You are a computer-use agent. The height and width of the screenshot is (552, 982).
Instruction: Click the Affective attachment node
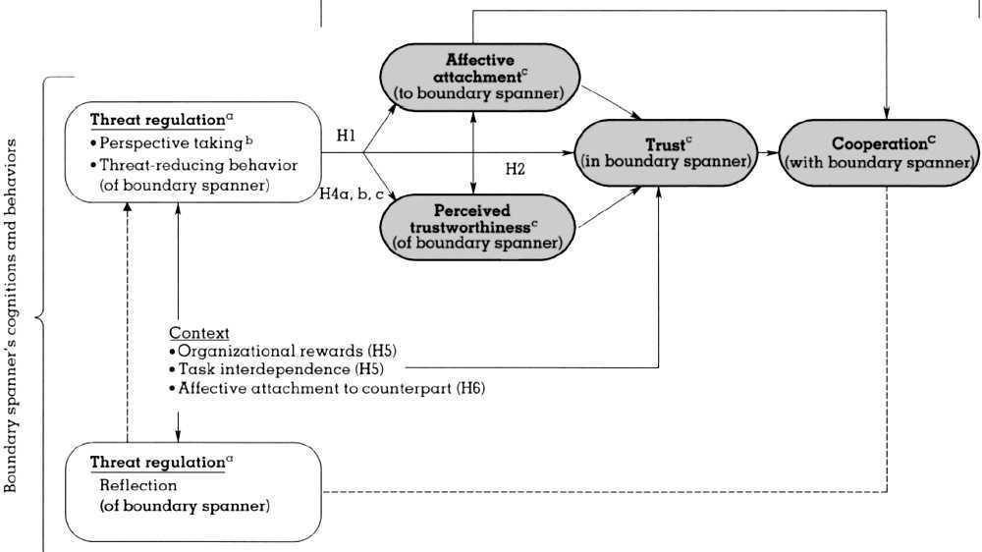pyautogui.click(x=479, y=77)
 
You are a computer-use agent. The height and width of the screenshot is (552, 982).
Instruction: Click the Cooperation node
pyautogui.click(x=880, y=152)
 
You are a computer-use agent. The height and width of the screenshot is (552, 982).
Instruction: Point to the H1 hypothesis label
pyautogui.click(x=346, y=137)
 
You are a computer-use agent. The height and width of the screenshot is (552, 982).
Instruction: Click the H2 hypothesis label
pyautogui.click(x=516, y=169)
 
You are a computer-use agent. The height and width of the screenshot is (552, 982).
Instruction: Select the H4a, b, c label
pyautogui.click(x=351, y=193)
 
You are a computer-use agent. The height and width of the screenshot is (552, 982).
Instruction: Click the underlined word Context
pyautogui.click(x=199, y=333)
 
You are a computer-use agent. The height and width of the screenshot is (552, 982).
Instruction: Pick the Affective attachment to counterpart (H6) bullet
pyautogui.click(x=327, y=388)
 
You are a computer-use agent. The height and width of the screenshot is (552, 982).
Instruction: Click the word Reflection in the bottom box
pyautogui.click(x=137, y=485)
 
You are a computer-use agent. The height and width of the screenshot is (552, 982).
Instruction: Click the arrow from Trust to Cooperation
pyautogui.click(x=767, y=153)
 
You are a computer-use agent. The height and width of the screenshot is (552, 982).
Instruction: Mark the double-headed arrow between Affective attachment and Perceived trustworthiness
pyautogui.click(x=475, y=151)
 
